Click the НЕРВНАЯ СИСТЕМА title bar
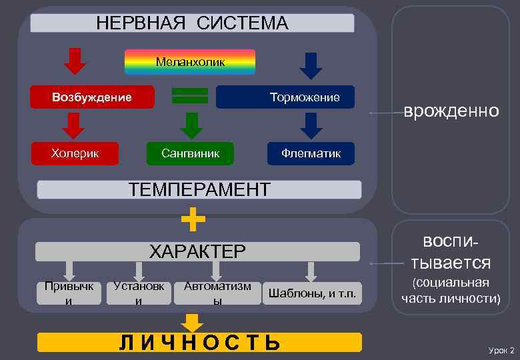(x=192, y=23)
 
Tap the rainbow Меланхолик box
(x=190, y=62)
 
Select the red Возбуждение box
(x=92, y=97)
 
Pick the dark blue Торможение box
(x=285, y=97)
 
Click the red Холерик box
(x=75, y=153)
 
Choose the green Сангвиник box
(x=191, y=153)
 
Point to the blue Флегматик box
(x=311, y=153)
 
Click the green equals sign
(x=190, y=95)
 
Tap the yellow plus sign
(x=193, y=218)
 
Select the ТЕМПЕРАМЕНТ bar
(x=199, y=189)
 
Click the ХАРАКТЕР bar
(x=197, y=251)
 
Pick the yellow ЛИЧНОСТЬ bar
(x=199, y=343)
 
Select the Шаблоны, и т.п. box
(x=311, y=293)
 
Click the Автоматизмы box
(x=217, y=293)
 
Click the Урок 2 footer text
(x=501, y=350)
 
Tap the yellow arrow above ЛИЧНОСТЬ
(x=193, y=323)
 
